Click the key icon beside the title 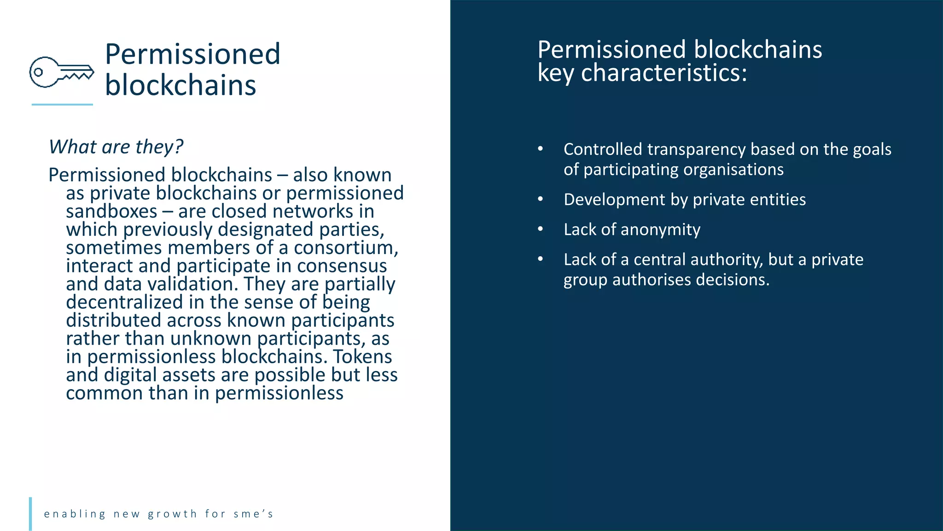pyautogui.click(x=62, y=72)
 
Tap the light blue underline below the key pyautogui.click(x=62, y=105)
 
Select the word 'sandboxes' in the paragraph pyautogui.click(x=111, y=212)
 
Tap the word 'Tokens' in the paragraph pyautogui.click(x=362, y=357)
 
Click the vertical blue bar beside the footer pyautogui.click(x=30, y=513)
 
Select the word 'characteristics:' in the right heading pyautogui.click(x=664, y=73)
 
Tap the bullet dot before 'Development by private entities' pyautogui.click(x=541, y=199)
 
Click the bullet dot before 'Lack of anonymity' pyautogui.click(x=541, y=229)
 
